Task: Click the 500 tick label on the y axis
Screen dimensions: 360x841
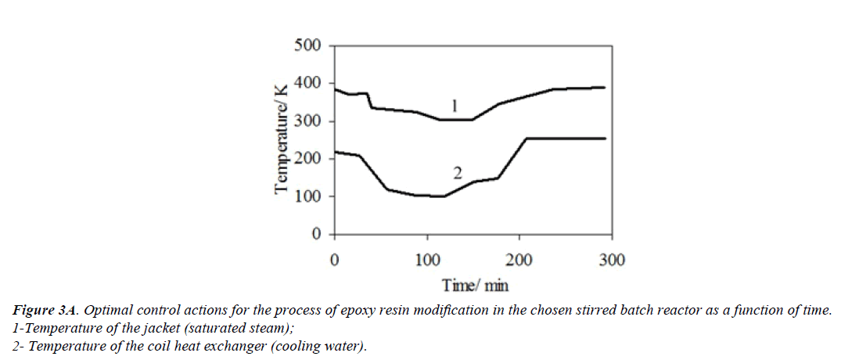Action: [x=307, y=45]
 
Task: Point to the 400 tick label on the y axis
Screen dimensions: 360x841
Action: [x=307, y=84]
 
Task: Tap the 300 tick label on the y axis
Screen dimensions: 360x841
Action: [x=307, y=121]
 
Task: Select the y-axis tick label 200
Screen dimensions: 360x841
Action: [x=307, y=159]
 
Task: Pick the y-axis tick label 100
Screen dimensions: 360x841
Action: [x=307, y=197]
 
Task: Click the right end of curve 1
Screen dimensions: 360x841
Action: [x=605, y=88]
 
